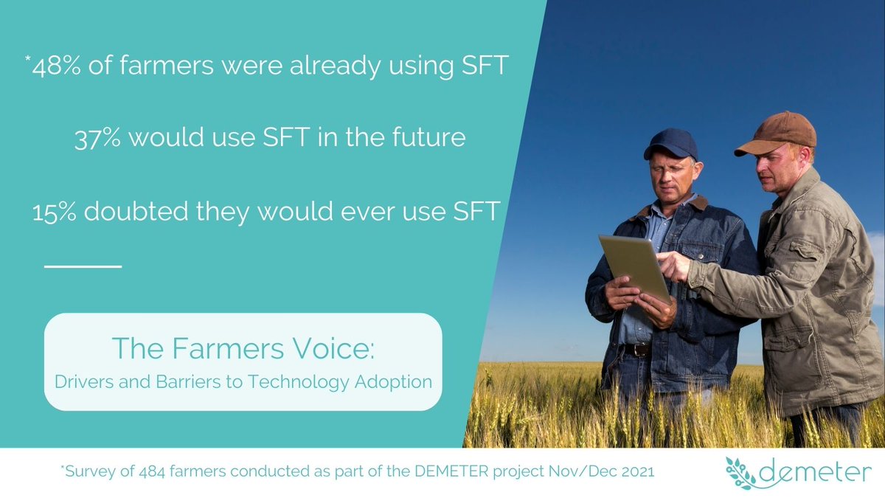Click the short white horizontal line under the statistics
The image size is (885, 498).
(x=83, y=265)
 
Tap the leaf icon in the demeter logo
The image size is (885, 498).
(x=740, y=473)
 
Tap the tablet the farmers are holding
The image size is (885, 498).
(x=635, y=266)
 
